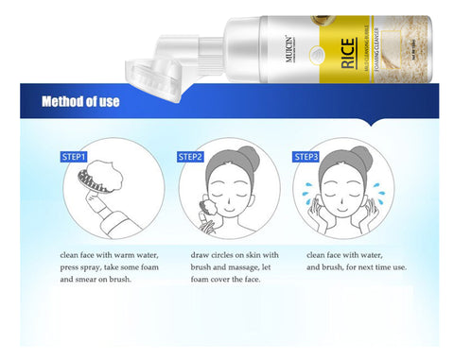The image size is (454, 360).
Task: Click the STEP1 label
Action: tap(74, 156)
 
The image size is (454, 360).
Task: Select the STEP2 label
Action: tap(191, 156)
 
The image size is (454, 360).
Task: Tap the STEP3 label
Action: tap(307, 156)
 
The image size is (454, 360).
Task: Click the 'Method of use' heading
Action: tap(80, 101)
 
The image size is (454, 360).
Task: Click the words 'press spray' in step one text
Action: tap(81, 267)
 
